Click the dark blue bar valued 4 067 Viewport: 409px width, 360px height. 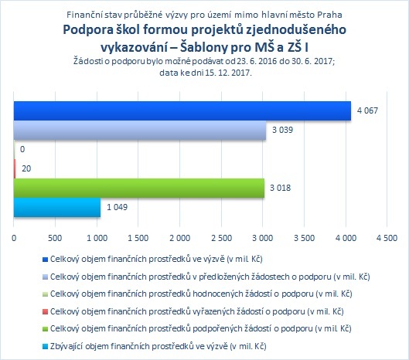click(182, 110)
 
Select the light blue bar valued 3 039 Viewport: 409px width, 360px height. click(140, 130)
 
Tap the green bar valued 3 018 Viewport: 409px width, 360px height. click(139, 188)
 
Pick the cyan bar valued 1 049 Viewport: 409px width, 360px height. click(57, 207)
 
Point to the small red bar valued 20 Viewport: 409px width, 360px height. click(15, 168)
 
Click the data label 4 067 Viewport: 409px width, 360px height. click(367, 110)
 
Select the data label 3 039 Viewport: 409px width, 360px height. click(282, 130)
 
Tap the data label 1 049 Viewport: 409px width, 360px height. click(117, 207)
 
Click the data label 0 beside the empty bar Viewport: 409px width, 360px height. click(22, 149)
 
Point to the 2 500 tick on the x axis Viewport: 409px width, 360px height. click(221, 238)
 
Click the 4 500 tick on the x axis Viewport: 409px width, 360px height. click(387, 238)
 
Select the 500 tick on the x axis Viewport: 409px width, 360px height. click(55, 238)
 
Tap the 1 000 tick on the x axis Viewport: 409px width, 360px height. click(97, 238)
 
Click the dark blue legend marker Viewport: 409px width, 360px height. click(45, 260)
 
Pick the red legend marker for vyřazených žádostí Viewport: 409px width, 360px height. click(45, 311)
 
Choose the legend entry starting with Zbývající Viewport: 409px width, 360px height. click(158, 346)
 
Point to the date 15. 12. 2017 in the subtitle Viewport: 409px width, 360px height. click(228, 73)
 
